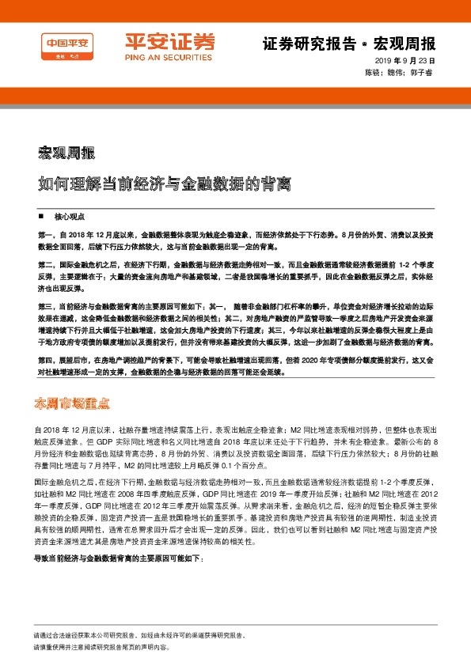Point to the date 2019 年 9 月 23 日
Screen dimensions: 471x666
406,61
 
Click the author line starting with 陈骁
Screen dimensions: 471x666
400,72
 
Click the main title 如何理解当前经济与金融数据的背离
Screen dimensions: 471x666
165,184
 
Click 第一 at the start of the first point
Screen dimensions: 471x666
44,236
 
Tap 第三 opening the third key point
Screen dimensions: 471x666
44,305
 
